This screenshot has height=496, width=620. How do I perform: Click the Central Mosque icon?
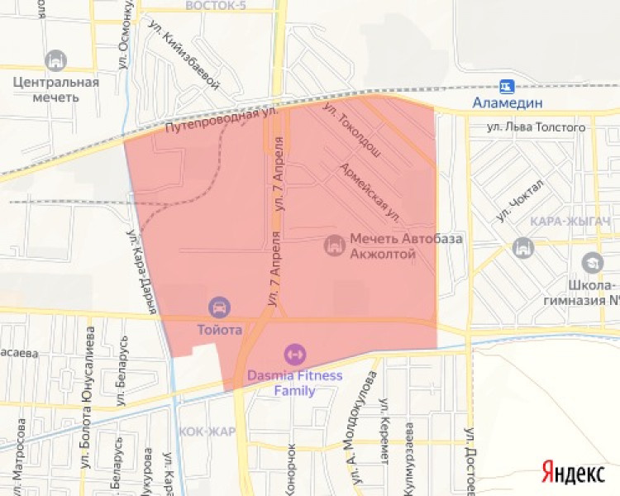pos(56,60)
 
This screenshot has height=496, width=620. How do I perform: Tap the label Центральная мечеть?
pos(56,89)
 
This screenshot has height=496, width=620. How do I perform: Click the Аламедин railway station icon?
pos(506,85)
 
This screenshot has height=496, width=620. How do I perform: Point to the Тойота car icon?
pos(220,308)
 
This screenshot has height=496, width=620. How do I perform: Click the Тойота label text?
pos(220,329)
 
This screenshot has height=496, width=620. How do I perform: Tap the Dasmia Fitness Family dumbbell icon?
pos(293,355)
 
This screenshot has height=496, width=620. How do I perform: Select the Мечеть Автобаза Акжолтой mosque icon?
pos(335,246)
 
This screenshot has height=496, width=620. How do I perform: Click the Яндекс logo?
pos(573,472)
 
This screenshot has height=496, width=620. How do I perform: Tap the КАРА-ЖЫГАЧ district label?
pos(571,222)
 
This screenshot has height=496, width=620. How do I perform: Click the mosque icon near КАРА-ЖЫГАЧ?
pos(523,246)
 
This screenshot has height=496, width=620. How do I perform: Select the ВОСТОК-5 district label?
pos(217,5)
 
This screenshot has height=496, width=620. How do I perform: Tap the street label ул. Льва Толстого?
pos(536,127)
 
